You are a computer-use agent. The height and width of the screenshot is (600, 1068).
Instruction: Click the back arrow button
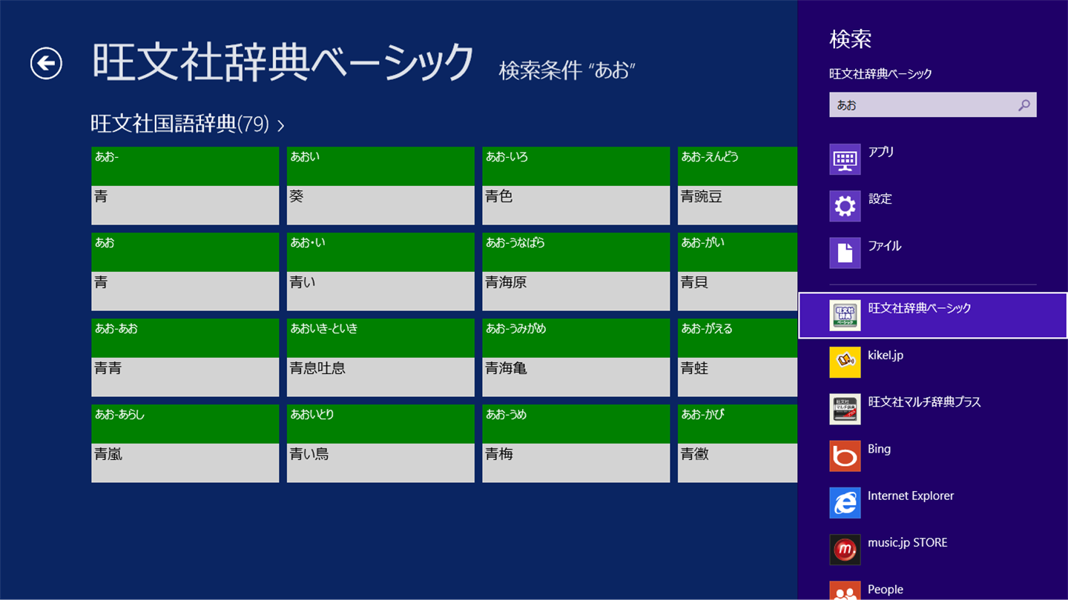coord(46,63)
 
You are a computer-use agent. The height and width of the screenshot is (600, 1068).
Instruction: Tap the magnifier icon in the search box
coord(1023,105)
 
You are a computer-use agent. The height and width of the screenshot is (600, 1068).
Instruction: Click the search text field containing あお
coord(920,105)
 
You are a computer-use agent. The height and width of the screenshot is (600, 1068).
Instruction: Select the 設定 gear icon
coord(845,206)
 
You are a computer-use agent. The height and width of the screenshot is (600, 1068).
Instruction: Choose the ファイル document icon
coord(845,253)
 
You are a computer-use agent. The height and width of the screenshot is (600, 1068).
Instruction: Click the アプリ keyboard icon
coord(845,159)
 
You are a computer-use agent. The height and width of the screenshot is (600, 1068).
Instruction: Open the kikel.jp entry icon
coord(845,362)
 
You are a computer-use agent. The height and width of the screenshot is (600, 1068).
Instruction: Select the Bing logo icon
coord(845,456)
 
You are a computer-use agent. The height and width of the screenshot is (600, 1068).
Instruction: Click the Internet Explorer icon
coord(845,503)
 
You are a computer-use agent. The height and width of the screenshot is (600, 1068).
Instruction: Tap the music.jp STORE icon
coord(845,550)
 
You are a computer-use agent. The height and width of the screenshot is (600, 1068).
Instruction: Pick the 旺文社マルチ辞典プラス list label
coord(924,402)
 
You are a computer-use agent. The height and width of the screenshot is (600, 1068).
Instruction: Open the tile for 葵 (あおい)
coord(380,186)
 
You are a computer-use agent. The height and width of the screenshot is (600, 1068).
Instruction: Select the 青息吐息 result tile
coord(380,358)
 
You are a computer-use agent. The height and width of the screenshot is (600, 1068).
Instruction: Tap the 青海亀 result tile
coord(576,358)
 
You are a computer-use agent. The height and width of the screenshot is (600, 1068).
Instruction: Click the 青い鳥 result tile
coord(380,444)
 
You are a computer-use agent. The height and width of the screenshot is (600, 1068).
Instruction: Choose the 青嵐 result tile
coord(185,444)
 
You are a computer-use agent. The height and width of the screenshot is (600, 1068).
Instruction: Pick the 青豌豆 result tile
coord(737,186)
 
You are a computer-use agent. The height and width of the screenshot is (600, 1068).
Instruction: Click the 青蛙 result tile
coord(737,358)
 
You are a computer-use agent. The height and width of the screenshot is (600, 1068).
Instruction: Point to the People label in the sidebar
coord(886,590)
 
